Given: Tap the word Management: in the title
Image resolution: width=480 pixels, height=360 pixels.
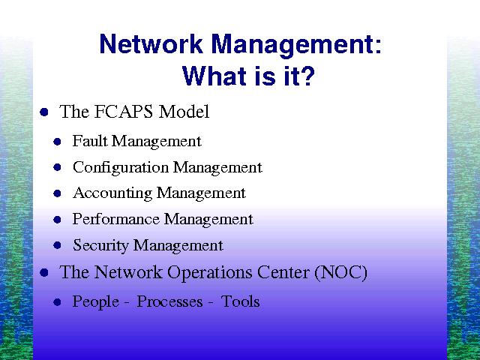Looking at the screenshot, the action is [x=296, y=46].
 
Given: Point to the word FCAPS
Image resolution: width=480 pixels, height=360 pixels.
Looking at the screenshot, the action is [x=123, y=112].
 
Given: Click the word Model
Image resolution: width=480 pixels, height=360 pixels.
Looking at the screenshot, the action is [x=184, y=112].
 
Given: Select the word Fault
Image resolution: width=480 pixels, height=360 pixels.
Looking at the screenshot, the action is [x=90, y=141].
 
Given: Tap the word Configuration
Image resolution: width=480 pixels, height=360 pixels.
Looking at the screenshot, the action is [x=121, y=168].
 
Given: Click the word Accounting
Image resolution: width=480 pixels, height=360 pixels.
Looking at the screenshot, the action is [x=112, y=194].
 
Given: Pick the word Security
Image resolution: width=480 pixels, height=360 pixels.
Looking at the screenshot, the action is [x=100, y=246].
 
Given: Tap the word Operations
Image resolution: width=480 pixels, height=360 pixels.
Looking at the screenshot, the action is [x=210, y=273].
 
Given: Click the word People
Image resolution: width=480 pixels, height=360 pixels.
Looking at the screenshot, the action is [x=95, y=302].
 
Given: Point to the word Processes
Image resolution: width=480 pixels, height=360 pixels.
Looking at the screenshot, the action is [x=169, y=302].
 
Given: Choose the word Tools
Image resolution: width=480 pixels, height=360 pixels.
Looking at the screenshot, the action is [x=240, y=301].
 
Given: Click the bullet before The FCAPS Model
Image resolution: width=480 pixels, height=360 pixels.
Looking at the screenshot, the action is [x=44, y=112].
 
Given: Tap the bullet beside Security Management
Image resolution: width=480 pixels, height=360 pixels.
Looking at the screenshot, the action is [x=57, y=245].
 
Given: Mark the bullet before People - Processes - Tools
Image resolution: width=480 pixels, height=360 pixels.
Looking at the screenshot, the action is [x=57, y=302].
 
